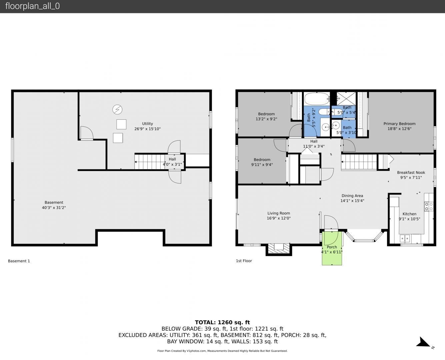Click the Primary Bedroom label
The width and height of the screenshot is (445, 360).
point(399,124)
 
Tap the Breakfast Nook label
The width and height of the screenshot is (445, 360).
point(411,173)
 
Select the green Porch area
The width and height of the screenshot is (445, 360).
point(332,248)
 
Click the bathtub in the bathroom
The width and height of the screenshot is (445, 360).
point(317,99)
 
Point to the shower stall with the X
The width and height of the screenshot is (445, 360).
point(346,99)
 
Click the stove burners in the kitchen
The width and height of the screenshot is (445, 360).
point(429,206)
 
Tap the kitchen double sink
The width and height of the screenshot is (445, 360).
point(405,238)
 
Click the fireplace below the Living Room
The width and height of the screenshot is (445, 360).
point(279,249)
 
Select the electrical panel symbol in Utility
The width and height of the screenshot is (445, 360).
point(117,109)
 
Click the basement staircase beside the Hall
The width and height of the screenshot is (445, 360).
point(150,162)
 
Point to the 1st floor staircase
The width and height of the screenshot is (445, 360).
point(359,162)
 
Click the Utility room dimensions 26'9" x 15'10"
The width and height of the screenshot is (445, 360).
point(147,129)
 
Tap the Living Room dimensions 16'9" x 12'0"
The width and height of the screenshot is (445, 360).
point(278,218)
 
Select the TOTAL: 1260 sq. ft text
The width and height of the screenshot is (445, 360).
point(222,322)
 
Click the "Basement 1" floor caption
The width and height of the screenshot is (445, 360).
point(19,261)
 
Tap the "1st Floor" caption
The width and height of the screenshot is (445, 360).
point(244,261)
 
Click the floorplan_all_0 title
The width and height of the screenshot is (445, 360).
point(32,6)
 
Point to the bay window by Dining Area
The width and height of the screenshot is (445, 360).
point(364,236)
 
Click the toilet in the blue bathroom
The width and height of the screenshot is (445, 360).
point(324,112)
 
